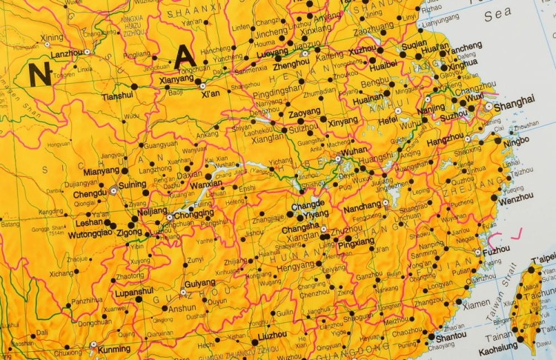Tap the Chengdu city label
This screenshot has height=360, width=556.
(90, 194)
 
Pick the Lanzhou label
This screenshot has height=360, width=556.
(66, 54)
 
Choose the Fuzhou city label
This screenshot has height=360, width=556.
(495, 251)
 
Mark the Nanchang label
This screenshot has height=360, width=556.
(362, 209)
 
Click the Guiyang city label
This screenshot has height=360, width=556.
(199, 284)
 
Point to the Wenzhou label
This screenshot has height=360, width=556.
(515, 201)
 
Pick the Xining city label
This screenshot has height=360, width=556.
(53, 37)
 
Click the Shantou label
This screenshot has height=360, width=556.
(451, 335)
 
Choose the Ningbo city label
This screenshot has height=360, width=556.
(517, 141)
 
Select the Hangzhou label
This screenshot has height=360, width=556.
(446, 139)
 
